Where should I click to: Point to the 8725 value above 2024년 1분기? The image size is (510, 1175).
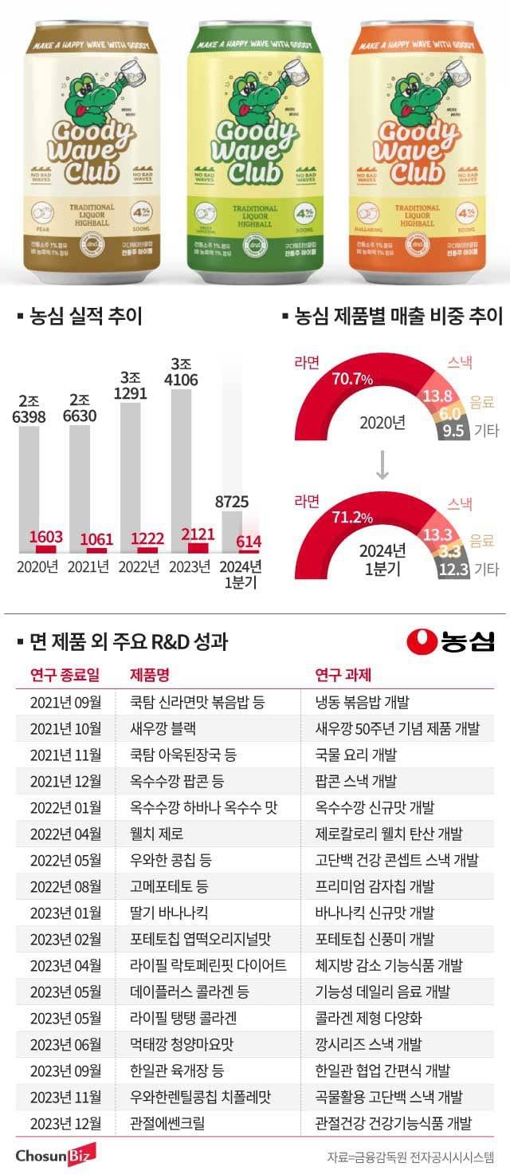click(232, 502)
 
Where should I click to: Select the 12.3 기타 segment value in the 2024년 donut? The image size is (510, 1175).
click(457, 568)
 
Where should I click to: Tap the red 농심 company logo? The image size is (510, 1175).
click(450, 641)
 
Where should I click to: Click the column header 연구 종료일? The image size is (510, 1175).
click(65, 675)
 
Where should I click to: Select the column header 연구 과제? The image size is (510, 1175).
click(343, 675)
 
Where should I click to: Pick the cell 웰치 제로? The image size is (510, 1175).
click(156, 834)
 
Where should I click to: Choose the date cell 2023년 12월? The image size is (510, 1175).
click(65, 1123)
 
